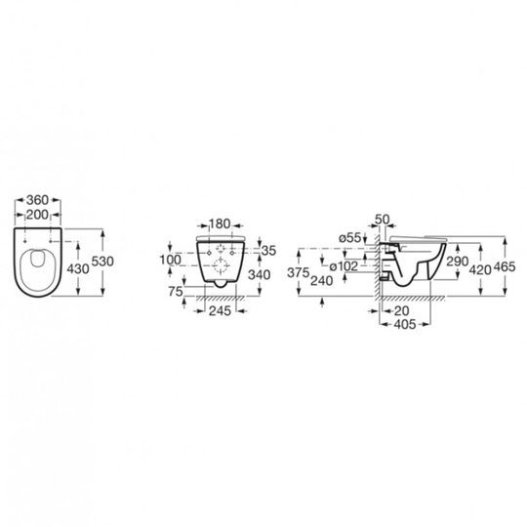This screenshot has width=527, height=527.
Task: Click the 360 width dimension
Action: point(38,200)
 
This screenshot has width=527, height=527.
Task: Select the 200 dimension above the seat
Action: point(38,215)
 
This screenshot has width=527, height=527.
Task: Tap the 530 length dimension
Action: point(102,262)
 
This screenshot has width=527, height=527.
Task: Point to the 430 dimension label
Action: point(78,269)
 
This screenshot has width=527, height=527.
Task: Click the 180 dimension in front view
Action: point(220,223)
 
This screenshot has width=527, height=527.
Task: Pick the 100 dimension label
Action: point(170,260)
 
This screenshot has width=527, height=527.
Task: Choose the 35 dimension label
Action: point(269,251)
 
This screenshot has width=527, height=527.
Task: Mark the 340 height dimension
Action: point(260,275)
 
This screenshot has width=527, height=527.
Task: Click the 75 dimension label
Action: point(176,292)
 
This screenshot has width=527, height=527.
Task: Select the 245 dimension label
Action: point(221,311)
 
